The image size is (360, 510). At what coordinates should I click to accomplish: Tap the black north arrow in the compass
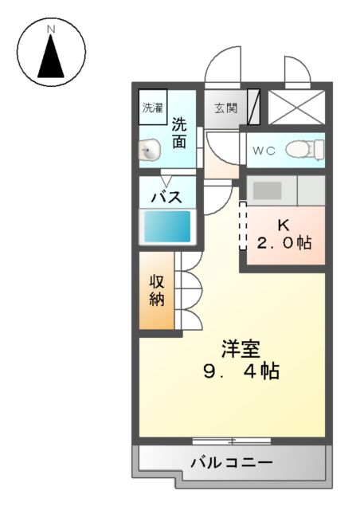51,56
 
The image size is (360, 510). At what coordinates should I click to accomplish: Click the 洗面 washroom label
179,133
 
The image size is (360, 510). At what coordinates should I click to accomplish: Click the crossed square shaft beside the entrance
296,107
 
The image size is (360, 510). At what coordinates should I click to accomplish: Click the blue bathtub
167,227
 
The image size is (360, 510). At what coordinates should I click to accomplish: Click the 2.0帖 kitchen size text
284,243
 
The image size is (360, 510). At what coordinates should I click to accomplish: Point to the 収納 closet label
156,290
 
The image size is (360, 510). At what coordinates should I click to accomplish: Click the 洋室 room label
241,349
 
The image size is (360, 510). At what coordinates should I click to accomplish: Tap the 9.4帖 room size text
241,371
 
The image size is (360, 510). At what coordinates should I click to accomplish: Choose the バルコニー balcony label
231,462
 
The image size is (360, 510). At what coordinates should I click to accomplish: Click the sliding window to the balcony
231,440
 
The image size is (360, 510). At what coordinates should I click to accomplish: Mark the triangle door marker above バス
167,181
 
